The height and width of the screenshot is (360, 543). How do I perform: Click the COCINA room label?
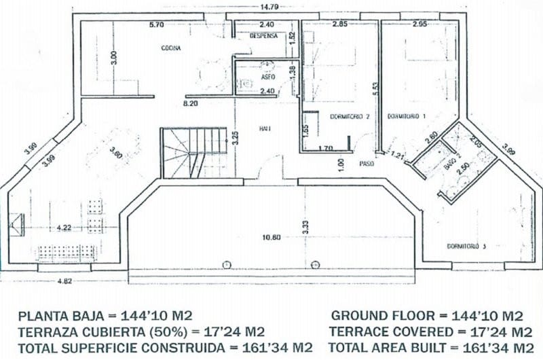tap(170, 48)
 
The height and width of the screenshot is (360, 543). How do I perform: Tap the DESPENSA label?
tap(263, 35)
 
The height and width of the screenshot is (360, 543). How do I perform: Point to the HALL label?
tap(265, 128)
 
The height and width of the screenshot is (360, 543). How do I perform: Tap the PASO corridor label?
tap(367, 163)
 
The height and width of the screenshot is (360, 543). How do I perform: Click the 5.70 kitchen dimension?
tap(156, 26)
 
